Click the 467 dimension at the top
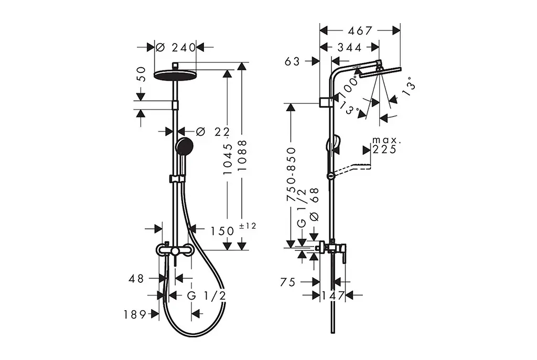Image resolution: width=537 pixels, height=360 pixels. click(360, 31)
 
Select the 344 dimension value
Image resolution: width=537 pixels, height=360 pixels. click(349, 47)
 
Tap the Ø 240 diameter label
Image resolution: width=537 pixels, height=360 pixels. click(176, 47)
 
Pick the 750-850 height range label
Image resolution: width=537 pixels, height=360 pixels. click(291, 174)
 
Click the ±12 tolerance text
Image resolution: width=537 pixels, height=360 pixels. click(248, 226)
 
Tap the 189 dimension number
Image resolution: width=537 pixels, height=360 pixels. click(135, 314)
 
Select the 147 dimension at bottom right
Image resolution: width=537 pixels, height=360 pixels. click(333, 295)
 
